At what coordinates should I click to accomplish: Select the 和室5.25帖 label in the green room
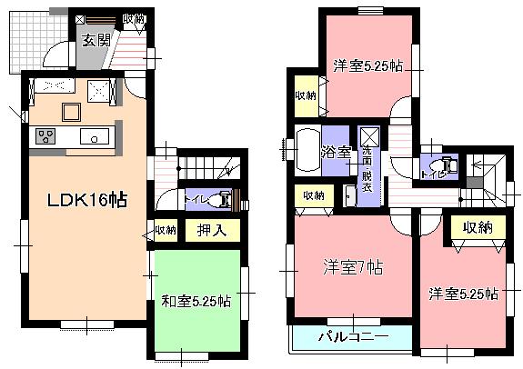point(196,299)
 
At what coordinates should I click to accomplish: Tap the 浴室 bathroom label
point(338,152)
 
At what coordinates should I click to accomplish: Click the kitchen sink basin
point(94,136)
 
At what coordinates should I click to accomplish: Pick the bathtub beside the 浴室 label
point(307,151)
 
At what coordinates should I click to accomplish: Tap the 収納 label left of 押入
point(165,230)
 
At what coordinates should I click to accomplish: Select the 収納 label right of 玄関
point(133,18)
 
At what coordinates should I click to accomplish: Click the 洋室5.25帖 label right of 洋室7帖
point(464,294)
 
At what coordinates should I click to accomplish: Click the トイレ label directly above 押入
point(196,199)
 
